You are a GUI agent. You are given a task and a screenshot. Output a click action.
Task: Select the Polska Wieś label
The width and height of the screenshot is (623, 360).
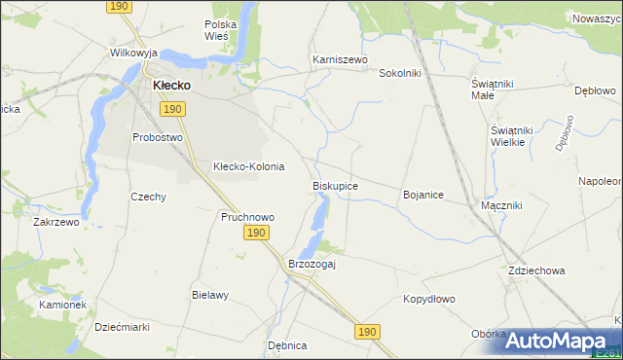(x=221, y=29)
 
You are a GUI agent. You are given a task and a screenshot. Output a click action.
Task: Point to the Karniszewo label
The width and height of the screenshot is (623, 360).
(x=339, y=59)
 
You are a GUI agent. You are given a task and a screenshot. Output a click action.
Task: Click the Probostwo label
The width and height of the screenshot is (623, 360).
(x=158, y=137)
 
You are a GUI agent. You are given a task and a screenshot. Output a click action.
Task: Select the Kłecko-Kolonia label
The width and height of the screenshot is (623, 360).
(x=248, y=166)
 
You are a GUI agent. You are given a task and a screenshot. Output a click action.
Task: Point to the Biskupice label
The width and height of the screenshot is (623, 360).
(x=335, y=185)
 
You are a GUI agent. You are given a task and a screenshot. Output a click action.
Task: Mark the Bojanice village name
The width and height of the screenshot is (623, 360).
(x=423, y=195)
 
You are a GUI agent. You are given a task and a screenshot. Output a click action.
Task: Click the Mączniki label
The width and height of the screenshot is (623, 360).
(x=502, y=206)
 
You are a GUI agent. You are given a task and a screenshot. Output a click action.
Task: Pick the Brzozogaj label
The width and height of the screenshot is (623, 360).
(x=311, y=264)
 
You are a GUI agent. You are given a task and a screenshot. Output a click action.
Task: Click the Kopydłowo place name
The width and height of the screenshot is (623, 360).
(x=429, y=300)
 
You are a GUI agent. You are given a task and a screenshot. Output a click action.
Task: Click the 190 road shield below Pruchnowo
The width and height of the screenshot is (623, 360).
(x=256, y=234)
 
